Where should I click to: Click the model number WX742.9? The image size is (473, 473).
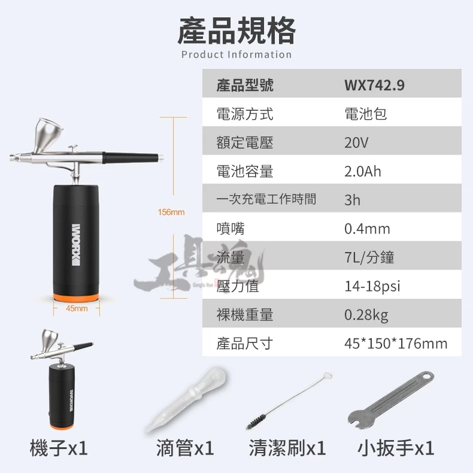click(x=374, y=85)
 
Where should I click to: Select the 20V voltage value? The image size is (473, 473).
click(x=356, y=142)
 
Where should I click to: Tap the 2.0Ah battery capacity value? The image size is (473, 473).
click(x=363, y=171)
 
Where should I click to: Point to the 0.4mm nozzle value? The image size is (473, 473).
click(x=367, y=229)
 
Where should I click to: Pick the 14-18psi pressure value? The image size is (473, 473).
click(x=372, y=286)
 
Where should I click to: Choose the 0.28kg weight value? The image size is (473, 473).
click(x=366, y=315)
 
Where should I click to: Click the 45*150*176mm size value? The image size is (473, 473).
click(x=396, y=343)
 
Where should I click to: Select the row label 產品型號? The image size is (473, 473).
click(x=245, y=85)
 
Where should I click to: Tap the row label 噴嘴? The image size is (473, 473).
click(x=231, y=229)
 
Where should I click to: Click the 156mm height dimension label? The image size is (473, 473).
click(x=171, y=212)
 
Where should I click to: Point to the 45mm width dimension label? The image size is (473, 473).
click(x=77, y=308)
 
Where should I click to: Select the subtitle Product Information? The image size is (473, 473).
click(x=236, y=54)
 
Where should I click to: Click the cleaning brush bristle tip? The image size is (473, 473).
click(x=256, y=422)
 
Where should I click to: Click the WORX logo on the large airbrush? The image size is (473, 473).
click(x=76, y=245)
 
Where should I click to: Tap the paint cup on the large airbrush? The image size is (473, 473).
click(x=46, y=135)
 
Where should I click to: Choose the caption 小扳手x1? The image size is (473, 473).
click(x=396, y=448)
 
